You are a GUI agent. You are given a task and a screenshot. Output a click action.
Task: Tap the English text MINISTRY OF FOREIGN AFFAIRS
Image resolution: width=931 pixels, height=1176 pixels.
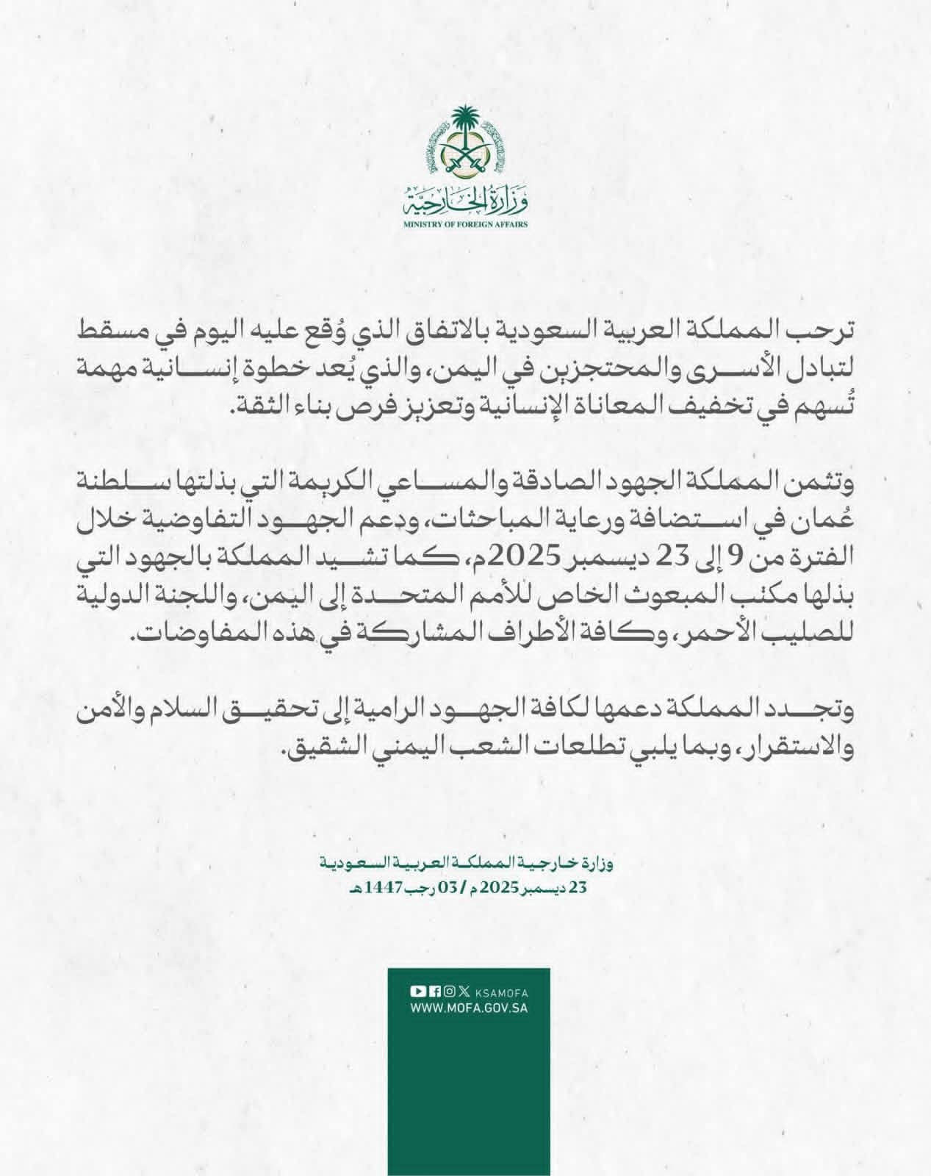pos(465,223)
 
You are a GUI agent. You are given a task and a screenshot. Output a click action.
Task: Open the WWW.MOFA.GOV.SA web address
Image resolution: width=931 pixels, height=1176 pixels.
pos(469,1009)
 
